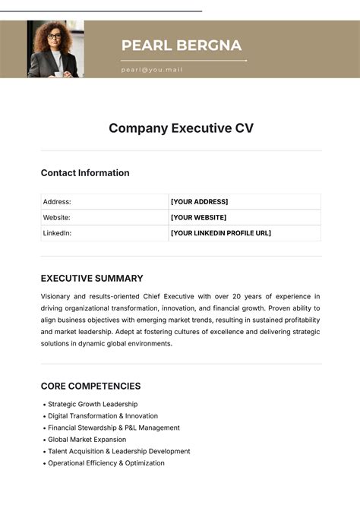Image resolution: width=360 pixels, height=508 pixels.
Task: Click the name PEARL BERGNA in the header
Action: (182, 46)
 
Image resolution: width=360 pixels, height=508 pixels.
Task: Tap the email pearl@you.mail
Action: (152, 70)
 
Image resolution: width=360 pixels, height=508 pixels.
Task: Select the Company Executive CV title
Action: (181, 128)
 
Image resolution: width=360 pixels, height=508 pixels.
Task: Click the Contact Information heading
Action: (85, 173)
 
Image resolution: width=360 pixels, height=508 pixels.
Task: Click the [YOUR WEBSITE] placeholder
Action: (198, 218)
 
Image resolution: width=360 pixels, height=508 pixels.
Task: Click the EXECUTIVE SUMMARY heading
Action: (92, 279)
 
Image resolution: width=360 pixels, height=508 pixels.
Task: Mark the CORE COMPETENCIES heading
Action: (90, 387)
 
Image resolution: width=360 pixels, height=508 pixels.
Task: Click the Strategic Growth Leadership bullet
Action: (93, 405)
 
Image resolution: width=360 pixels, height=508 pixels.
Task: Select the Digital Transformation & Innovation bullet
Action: (103, 416)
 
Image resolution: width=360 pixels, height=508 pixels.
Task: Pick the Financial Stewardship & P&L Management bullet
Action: (114, 428)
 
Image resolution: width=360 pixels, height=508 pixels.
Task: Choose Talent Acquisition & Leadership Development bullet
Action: (118, 452)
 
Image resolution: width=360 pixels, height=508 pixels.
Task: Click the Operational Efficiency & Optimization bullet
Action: (106, 463)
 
